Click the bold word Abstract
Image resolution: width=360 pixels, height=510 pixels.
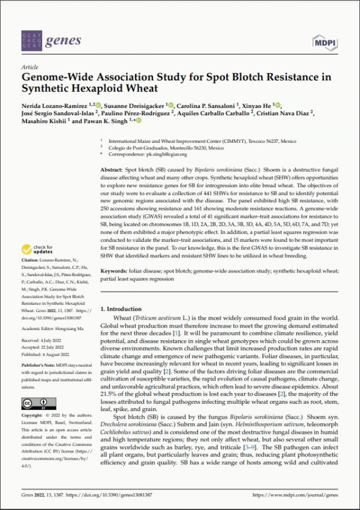[x=112, y=170]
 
